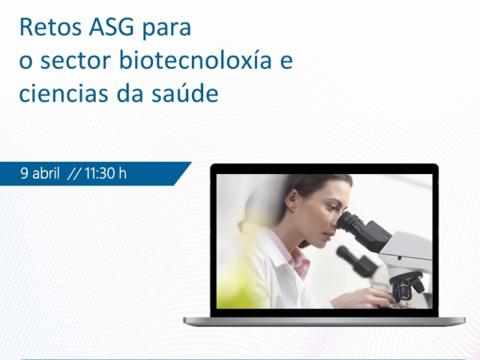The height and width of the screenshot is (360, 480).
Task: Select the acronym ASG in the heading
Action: [110, 28]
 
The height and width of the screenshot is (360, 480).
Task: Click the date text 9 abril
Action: [39, 173]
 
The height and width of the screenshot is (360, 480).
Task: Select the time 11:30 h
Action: [105, 173]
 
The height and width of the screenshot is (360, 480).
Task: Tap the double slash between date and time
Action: [73, 173]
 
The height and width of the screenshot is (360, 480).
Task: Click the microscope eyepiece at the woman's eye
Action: [351, 221]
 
